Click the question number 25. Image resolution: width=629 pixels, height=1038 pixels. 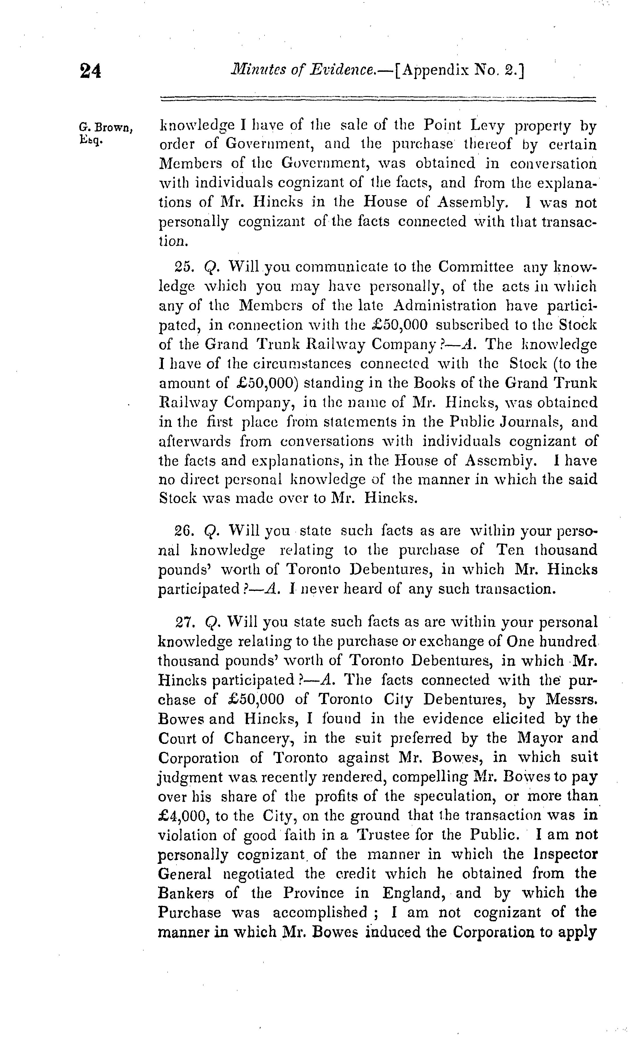pos(184,267)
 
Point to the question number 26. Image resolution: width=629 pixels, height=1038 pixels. pos(184,531)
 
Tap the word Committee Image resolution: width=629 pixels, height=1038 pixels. pos(475,267)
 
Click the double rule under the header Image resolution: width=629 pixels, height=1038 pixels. pos(378,100)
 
